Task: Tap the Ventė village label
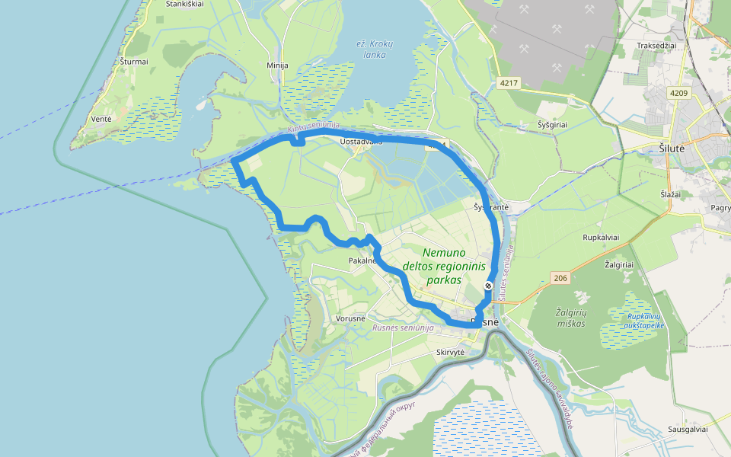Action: pos(101,119)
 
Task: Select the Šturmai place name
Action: pos(134,61)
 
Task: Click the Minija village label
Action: pos(277,66)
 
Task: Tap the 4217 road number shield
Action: pos(509,82)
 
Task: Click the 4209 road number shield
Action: pos(679,94)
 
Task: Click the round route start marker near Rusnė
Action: pos(488,286)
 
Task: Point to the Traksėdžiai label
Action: pos(656,46)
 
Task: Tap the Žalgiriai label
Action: pos(618,264)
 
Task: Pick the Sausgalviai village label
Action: pos(688,429)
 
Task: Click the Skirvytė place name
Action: pos(451,352)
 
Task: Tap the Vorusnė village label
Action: pos(350,318)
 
